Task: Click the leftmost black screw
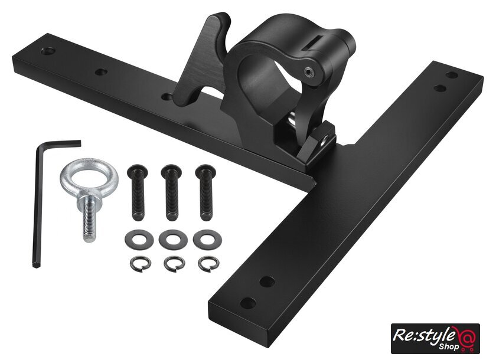[138, 192]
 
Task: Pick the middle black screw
[172, 192]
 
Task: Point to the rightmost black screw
[206, 192]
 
